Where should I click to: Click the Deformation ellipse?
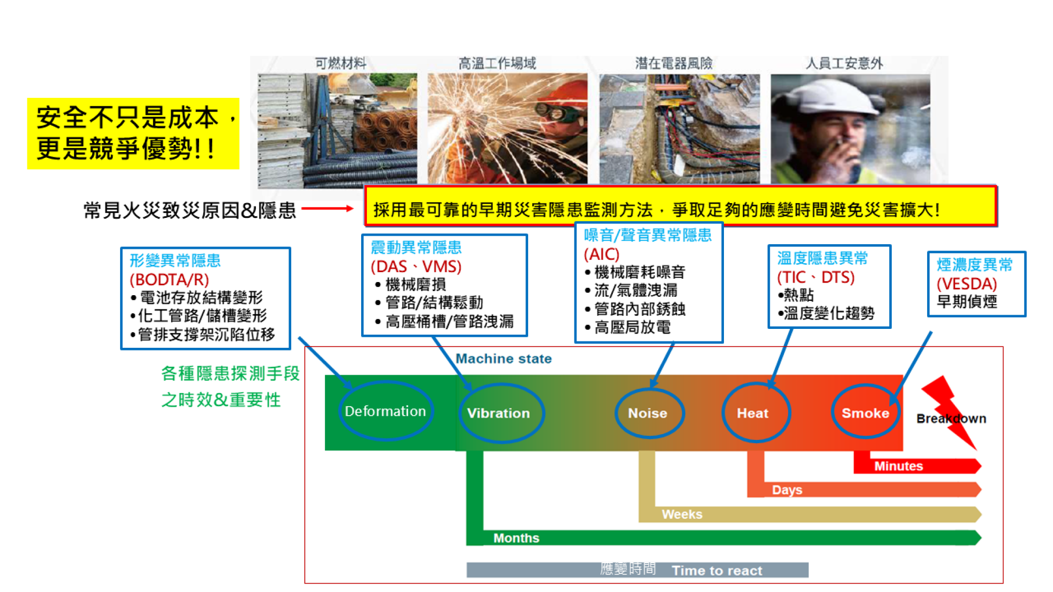pos(385,411)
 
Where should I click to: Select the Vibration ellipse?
pos(499,413)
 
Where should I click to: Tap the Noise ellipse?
pos(648,413)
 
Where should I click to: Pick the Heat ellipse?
pos(752,413)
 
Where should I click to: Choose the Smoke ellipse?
pos(865,413)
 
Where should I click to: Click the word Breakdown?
pos(951,419)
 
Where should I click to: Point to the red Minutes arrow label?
pos(898,466)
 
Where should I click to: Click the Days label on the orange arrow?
pos(787,490)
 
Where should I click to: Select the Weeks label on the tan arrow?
pos(682,514)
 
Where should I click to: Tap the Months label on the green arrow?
pos(516,538)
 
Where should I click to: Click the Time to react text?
pos(717,570)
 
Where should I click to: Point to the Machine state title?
pos(503,359)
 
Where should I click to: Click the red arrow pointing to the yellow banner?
pos(327,209)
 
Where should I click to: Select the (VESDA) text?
pos(967,284)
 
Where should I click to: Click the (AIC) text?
pos(601,254)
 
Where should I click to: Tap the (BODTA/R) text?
pos(169,279)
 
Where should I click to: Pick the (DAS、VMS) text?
pos(416,267)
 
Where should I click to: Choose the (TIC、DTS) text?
pos(816,277)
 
